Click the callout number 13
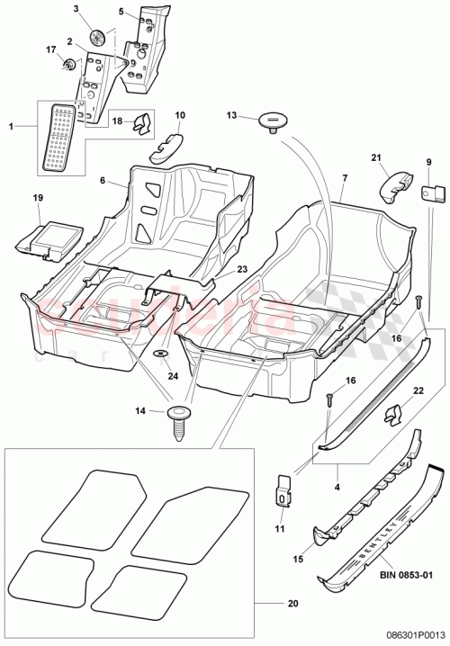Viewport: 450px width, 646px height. (230, 115)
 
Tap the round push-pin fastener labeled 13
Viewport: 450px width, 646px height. (267, 120)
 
